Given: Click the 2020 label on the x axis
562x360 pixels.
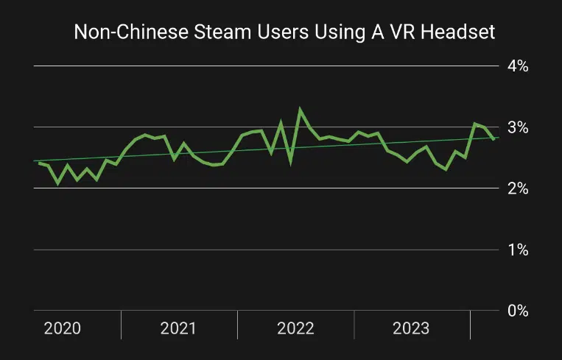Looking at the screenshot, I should (63, 328).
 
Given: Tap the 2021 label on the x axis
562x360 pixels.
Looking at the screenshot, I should (178, 328).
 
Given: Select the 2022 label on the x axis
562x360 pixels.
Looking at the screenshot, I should (295, 328).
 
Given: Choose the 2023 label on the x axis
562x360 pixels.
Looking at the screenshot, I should (412, 328).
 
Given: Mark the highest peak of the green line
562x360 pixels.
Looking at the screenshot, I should (300, 110).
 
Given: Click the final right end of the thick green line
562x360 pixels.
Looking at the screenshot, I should (493, 138).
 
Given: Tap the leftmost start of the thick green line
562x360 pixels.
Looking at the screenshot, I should (39, 163).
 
